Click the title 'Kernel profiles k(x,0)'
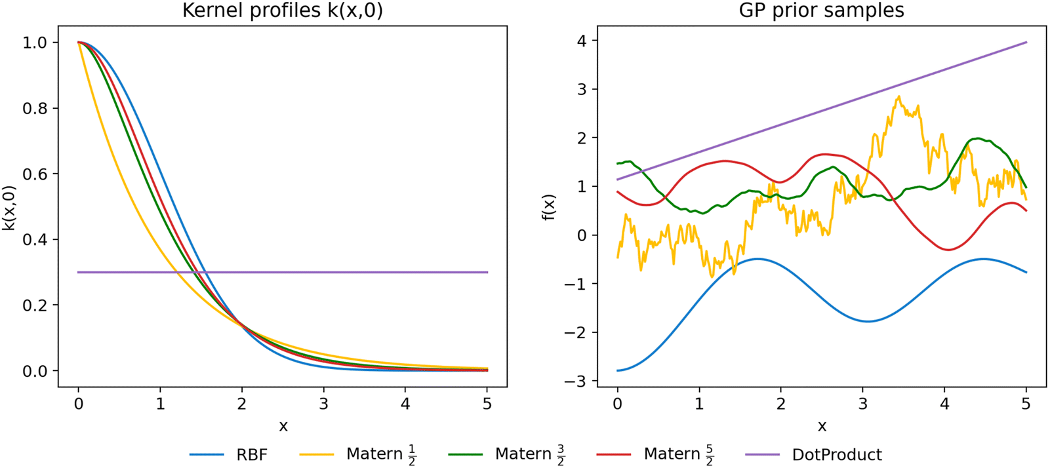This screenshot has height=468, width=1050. [x=282, y=10]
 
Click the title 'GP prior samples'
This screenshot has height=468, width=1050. [x=821, y=10]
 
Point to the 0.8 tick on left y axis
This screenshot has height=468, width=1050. [x=35, y=108]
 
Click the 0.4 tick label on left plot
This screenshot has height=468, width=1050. [x=35, y=239]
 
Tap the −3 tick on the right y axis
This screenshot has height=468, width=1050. [x=575, y=381]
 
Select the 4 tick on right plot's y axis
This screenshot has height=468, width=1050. [x=582, y=41]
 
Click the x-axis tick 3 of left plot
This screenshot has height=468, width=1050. [x=323, y=404]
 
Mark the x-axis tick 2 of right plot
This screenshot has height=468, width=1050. [x=780, y=404]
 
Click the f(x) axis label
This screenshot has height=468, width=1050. [x=550, y=207]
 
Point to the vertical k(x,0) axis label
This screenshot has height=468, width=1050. [x=9, y=207]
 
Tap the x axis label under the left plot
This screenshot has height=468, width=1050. [x=283, y=427]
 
